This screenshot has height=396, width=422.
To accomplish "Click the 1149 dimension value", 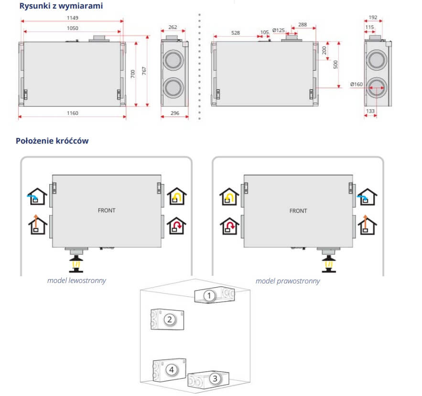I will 73,18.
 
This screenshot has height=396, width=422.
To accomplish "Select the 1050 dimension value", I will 73,28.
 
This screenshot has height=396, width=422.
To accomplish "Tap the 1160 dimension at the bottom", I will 73,113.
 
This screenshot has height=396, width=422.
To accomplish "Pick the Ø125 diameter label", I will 279,30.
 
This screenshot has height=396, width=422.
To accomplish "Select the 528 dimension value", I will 236,33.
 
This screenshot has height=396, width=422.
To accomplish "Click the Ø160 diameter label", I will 357,84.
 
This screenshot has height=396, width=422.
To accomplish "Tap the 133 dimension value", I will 370,111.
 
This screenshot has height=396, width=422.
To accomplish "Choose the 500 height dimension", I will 336,64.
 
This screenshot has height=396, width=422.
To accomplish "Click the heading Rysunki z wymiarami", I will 61,6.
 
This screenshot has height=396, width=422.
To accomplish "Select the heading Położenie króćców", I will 52,141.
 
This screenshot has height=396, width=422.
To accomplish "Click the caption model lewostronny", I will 76,281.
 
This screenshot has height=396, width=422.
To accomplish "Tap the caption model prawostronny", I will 288,281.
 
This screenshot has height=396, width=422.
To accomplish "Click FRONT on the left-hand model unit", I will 107,210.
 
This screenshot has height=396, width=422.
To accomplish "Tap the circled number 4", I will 170,369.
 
